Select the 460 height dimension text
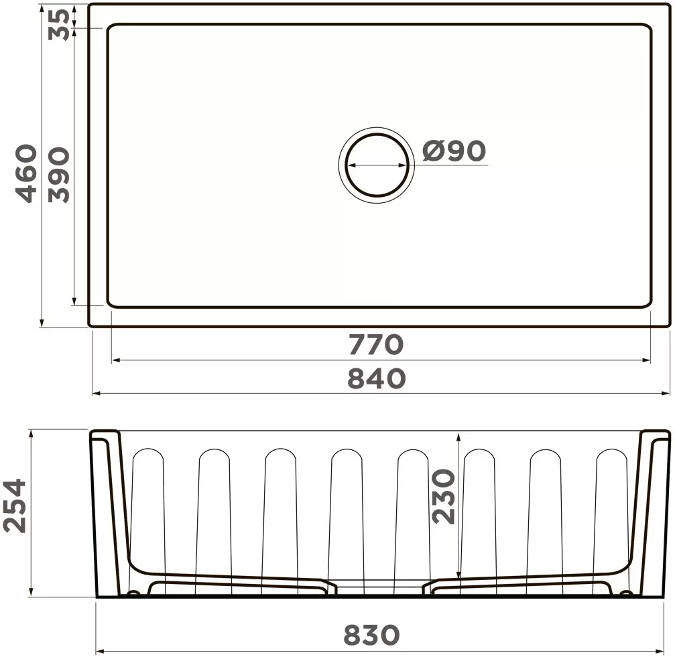[27, 173]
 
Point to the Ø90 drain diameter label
[454, 151]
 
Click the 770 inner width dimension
[375, 344]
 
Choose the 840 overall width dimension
[376, 378]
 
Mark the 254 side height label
[15, 505]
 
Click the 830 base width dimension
[371, 634]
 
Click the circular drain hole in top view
[376, 163]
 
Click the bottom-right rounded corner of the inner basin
[646, 303]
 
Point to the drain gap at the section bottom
[377, 585]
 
